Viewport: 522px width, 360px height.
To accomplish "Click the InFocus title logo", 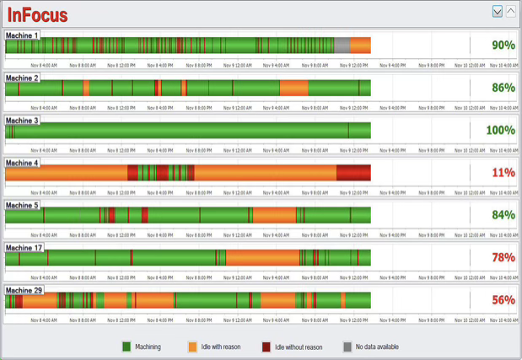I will [x=38, y=14].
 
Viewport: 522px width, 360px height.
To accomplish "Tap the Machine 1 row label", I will [x=22, y=36].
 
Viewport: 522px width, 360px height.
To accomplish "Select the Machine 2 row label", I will [x=22, y=78].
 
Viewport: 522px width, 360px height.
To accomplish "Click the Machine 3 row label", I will [x=22, y=121].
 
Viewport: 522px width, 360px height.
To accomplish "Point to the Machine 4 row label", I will [x=22, y=163].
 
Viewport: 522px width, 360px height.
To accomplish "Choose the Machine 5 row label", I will [x=22, y=205].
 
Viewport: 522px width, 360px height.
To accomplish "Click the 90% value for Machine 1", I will [x=503, y=46].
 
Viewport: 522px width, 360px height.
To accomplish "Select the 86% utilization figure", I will [x=503, y=88].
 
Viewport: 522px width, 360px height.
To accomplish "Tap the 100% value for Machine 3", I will [x=500, y=130].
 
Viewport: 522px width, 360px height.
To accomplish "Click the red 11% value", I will [x=503, y=173].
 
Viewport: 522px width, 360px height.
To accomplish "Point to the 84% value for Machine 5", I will [x=503, y=215].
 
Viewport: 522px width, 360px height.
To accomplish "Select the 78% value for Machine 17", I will [x=503, y=257].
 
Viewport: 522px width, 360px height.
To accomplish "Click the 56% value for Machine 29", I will [x=503, y=300].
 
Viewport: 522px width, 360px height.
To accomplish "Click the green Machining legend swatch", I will [x=126, y=347].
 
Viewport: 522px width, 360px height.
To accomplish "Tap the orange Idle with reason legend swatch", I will [x=193, y=347].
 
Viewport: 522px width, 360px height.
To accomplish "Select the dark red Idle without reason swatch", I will [x=266, y=347].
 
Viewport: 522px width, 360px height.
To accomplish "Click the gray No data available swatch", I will [x=347, y=347].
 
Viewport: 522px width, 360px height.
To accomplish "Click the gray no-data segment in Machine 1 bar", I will [x=342, y=46].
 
